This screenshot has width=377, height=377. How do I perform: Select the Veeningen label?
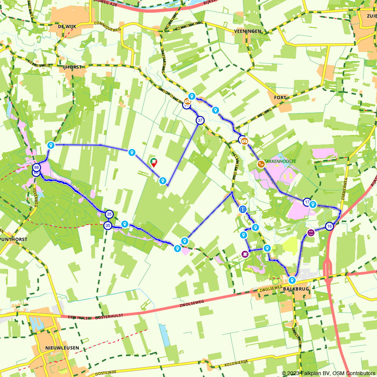click(x=247, y=31)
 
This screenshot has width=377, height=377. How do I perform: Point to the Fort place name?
click(x=280, y=97)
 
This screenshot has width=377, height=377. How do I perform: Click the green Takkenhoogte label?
click(x=280, y=161)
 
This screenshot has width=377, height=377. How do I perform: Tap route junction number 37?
click(x=200, y=120)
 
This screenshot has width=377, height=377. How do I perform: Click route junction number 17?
click(x=307, y=202)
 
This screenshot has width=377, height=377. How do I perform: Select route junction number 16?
click(x=329, y=226)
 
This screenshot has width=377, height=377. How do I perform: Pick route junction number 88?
click(x=37, y=167)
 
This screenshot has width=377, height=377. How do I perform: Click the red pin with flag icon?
click(x=154, y=162)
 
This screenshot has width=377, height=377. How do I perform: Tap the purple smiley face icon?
click(x=311, y=233)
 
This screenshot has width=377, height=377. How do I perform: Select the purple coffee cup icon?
click(x=245, y=254)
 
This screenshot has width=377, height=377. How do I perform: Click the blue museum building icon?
click(x=242, y=209)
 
